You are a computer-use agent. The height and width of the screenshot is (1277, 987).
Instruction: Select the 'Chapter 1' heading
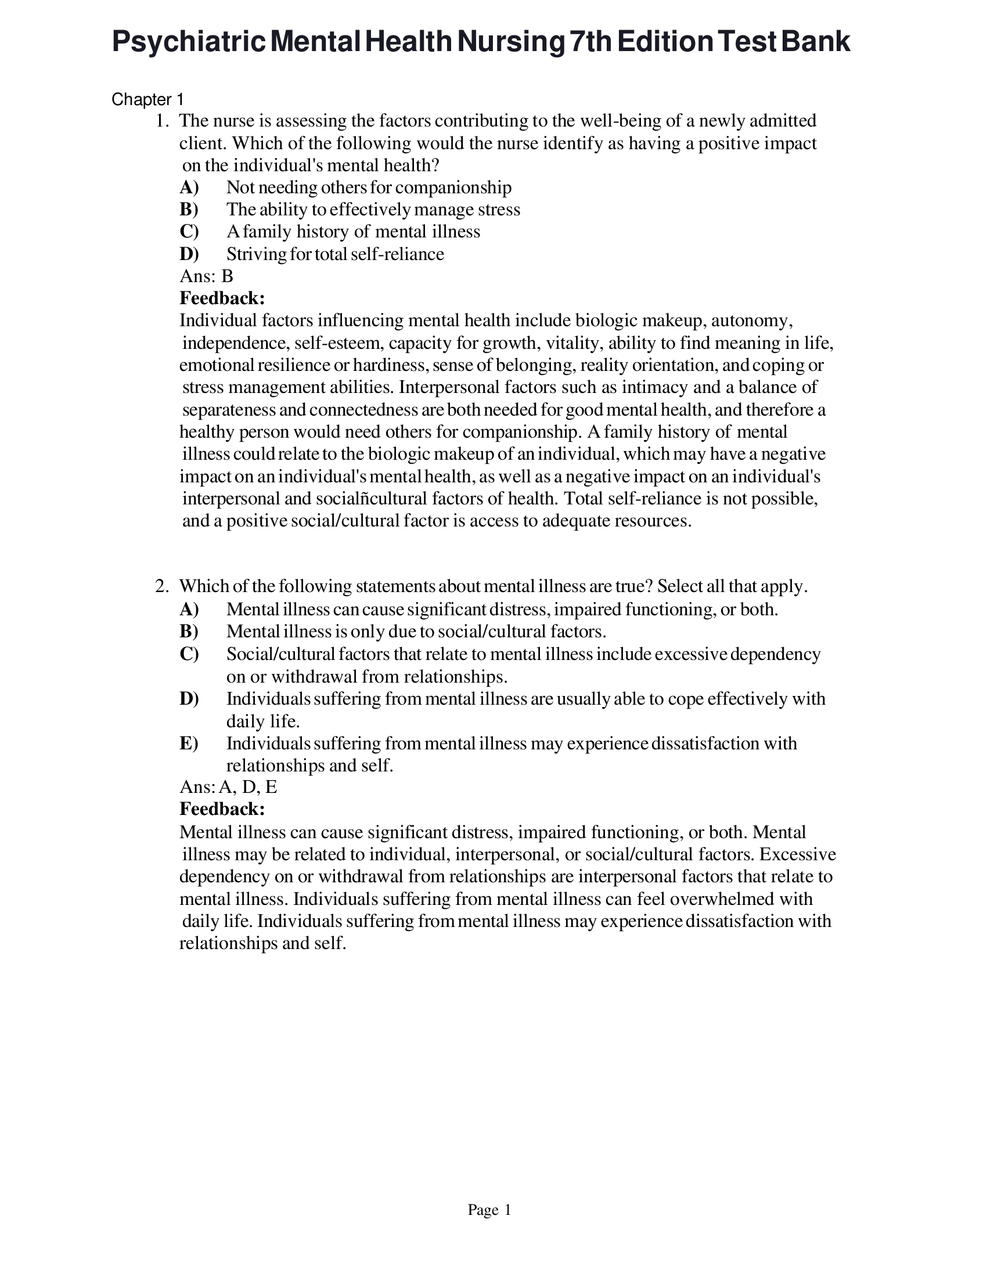point(147,100)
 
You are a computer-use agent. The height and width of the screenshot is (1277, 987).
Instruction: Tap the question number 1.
point(161,121)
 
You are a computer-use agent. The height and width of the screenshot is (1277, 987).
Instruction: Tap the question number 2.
point(161,586)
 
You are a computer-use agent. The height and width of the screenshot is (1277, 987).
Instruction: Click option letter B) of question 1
point(189,210)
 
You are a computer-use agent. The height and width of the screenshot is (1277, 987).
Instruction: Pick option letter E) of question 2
point(189,744)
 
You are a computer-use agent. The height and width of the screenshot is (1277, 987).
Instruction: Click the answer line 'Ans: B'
point(206,276)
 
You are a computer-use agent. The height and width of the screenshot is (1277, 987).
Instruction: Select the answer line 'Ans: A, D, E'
point(228,788)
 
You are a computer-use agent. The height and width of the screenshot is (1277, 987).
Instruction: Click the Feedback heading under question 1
point(222,299)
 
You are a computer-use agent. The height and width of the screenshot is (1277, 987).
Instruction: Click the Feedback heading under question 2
point(222,810)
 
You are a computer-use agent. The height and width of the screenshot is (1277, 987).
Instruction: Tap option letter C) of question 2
point(189,654)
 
